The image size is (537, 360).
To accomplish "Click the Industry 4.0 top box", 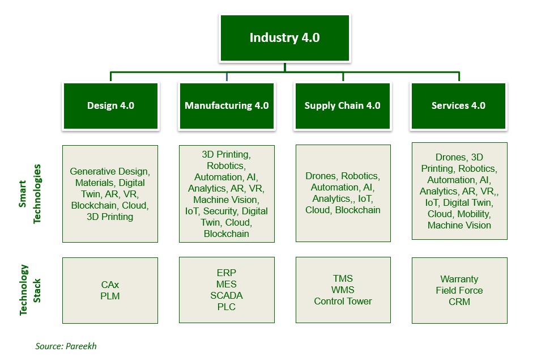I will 285,38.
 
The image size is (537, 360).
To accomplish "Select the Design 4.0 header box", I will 110,105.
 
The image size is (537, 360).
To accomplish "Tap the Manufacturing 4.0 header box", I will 227,105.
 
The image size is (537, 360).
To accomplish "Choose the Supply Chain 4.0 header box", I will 342,105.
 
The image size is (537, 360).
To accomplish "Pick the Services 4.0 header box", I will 458,105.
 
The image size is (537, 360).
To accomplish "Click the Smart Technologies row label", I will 32,194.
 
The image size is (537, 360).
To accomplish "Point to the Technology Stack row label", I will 32,290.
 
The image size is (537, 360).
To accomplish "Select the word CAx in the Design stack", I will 110,285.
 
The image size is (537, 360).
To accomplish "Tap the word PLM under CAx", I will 110,296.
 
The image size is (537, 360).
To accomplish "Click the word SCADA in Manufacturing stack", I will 226,295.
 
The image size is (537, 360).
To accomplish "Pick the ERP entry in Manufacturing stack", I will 226,273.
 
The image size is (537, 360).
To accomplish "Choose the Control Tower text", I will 343,301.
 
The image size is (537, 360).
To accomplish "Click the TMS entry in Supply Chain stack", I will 343,278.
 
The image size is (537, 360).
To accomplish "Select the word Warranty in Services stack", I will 459,279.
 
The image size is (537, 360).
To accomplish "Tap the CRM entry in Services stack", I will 459,302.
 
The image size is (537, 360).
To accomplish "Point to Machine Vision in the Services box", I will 459,225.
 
